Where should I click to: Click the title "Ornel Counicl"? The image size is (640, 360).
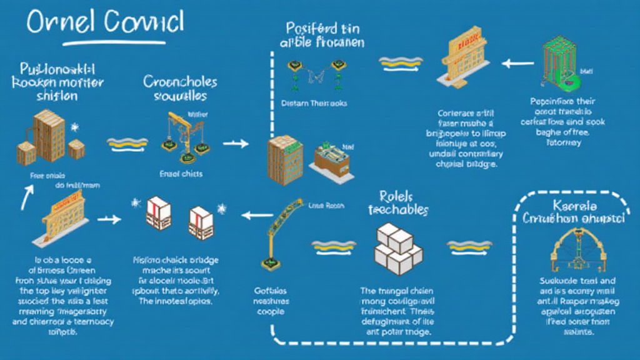click(x=105, y=23)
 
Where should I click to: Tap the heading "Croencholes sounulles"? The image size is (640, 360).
click(x=180, y=89)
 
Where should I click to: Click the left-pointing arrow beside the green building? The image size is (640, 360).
click(x=516, y=62)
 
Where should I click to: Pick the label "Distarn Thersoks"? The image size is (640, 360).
click(x=314, y=103)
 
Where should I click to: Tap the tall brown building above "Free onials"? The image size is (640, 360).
click(x=47, y=134)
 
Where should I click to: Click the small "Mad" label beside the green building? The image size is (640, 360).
click(x=586, y=72)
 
